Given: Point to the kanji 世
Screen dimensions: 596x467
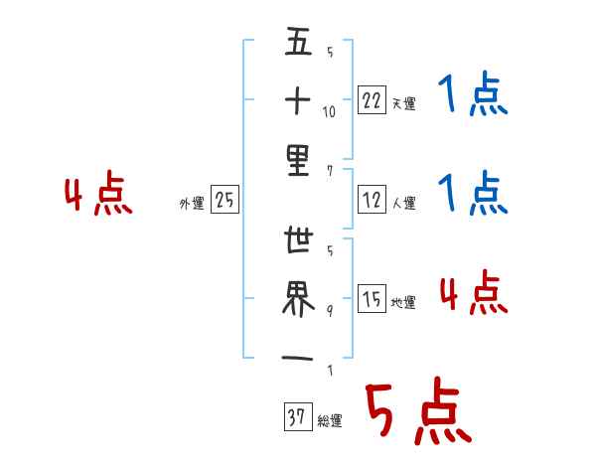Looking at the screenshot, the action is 298,244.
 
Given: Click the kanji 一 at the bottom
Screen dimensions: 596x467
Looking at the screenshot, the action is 298,357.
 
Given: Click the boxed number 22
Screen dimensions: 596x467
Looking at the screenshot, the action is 371,101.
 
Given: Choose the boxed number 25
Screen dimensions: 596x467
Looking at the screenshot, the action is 225,202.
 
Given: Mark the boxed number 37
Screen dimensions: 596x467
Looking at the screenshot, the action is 296,418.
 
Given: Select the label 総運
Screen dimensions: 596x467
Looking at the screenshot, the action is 330,421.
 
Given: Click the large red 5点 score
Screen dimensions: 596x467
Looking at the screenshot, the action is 417,412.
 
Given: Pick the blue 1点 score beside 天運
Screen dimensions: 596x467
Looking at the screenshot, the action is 472,97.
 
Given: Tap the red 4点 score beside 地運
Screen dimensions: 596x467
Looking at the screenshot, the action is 473,292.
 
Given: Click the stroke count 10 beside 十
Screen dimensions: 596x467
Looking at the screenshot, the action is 329,111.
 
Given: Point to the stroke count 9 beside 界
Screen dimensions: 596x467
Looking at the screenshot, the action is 329,310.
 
